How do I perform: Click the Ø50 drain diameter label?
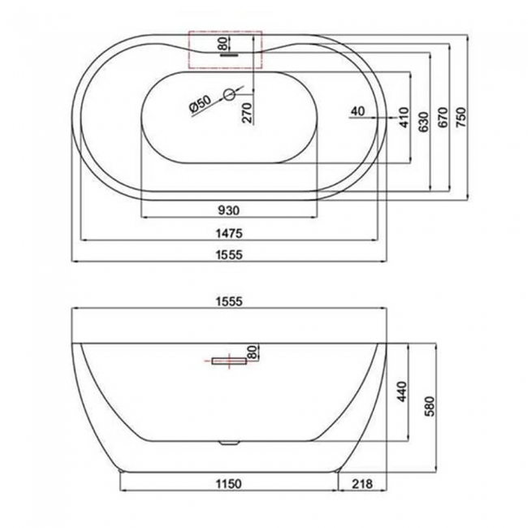point(199,103)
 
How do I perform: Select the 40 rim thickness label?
point(357,110)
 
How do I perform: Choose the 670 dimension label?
point(443,119)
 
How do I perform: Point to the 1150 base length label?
point(228,485)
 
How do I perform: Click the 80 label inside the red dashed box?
point(222,43)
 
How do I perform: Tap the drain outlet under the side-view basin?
point(230,443)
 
